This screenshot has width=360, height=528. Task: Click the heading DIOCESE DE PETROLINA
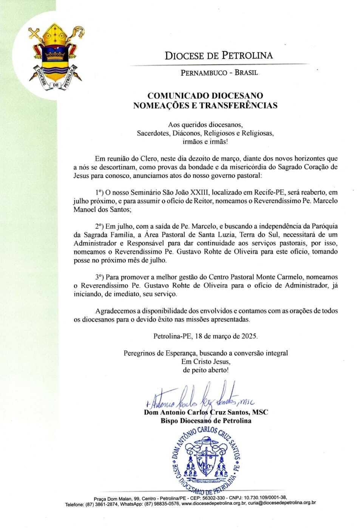[219, 56]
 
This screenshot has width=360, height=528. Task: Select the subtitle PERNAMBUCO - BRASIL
[219, 73]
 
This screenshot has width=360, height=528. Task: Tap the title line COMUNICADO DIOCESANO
[205, 96]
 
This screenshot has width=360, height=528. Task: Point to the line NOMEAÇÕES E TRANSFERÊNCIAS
[205, 105]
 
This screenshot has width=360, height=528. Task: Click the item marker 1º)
[100, 192]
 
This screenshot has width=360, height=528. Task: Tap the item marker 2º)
[100, 226]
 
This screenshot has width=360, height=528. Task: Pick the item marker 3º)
[100, 277]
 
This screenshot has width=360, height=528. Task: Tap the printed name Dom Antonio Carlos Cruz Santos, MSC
[206, 412]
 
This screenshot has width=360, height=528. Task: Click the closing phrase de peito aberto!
[205, 370]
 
